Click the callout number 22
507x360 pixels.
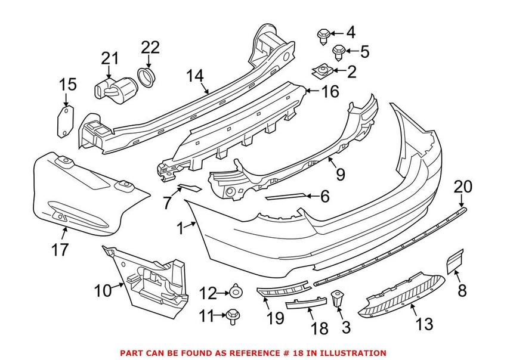[x=150, y=48]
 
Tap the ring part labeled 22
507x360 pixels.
[x=147, y=76]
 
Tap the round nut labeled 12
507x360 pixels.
[x=236, y=292]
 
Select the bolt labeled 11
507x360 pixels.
[x=233, y=316]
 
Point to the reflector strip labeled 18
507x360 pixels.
[x=306, y=303]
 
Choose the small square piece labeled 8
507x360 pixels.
[x=455, y=262]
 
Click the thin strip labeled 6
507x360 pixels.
[x=285, y=197]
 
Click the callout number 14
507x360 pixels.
[x=195, y=76]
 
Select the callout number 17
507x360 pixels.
[x=60, y=250]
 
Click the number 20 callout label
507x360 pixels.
[x=463, y=187]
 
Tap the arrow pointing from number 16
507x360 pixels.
[x=312, y=91]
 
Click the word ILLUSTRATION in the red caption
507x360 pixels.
[x=354, y=353]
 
